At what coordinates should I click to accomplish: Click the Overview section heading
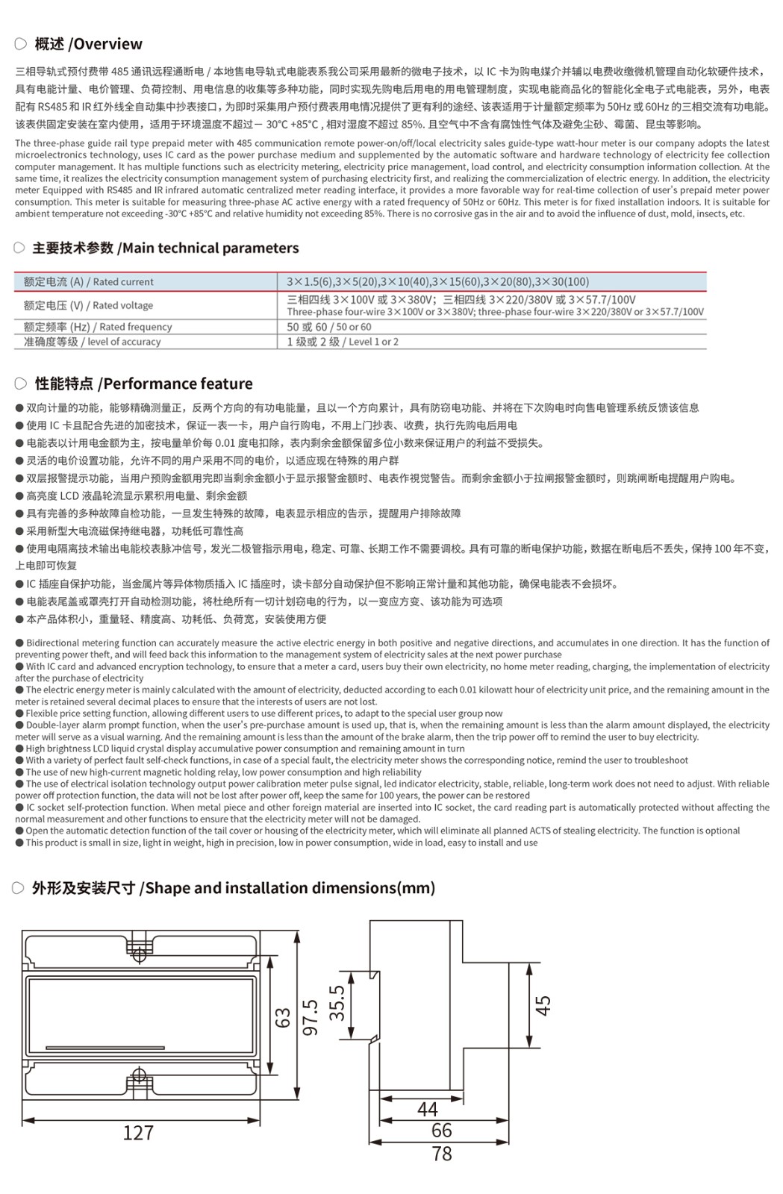pyautogui.click(x=88, y=44)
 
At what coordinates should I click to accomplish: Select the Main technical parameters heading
pyautogui.click(x=165, y=248)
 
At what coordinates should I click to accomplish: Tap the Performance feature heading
pyautogui.click(x=143, y=384)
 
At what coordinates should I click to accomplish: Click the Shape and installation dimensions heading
pyautogui.click(x=233, y=888)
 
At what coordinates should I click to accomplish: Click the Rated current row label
pyautogui.click(x=88, y=282)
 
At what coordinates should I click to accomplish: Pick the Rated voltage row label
pyautogui.click(x=88, y=305)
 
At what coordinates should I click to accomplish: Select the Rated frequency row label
pyautogui.click(x=97, y=327)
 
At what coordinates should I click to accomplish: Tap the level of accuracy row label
pyautogui.click(x=92, y=342)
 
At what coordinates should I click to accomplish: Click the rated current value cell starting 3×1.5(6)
pyautogui.click(x=437, y=282)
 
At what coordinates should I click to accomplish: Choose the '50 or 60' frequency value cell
pyautogui.click(x=328, y=327)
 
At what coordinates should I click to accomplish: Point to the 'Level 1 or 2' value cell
pyautogui.click(x=343, y=342)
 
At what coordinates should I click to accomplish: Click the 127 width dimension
pyautogui.click(x=138, y=1133)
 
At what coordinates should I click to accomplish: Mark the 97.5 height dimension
pyautogui.click(x=311, y=1018)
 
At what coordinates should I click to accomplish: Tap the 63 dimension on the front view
pyautogui.click(x=283, y=1018)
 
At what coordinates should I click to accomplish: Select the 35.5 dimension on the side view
pyautogui.click(x=337, y=1002)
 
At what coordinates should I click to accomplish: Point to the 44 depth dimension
pyautogui.click(x=427, y=1109)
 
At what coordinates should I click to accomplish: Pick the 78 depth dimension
pyautogui.click(x=442, y=1154)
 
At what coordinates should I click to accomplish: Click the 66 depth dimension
pyautogui.click(x=442, y=1131)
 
